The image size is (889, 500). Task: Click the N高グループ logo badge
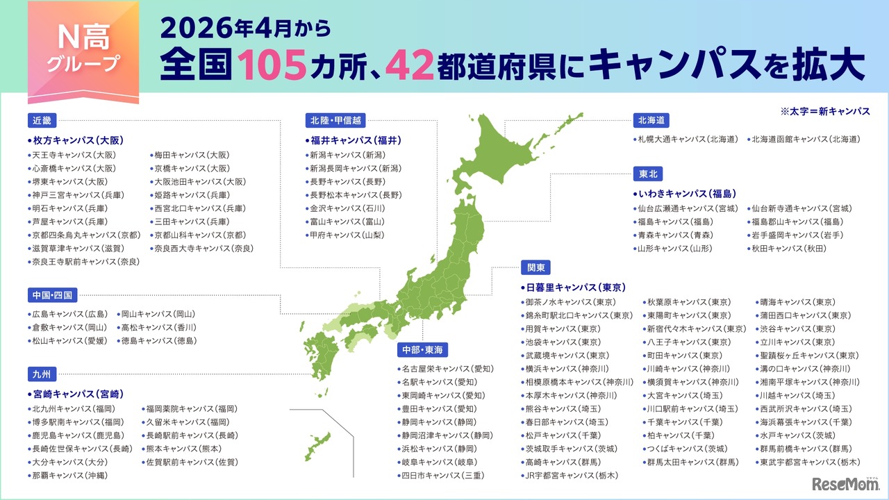83,53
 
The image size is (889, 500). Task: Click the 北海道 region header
651,120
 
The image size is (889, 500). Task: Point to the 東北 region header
647,174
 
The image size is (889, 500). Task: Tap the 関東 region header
535,267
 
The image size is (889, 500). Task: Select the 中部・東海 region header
422,348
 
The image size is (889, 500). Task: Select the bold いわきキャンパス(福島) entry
684,194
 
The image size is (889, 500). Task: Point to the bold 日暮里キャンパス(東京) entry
574,287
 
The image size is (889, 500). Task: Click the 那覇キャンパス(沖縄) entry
68,476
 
